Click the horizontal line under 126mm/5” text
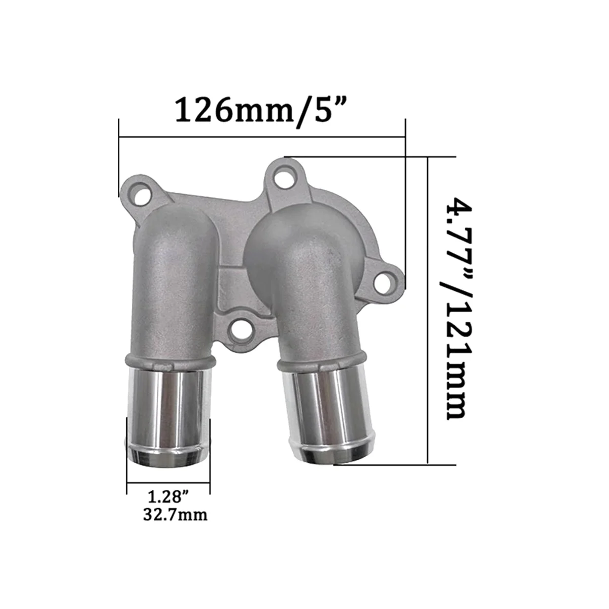coord(262,136)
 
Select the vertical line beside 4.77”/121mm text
coord(429,310)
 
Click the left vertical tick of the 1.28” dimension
coord(127,454)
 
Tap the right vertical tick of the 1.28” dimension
coord(209,454)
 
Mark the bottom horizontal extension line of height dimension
coord(396,463)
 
